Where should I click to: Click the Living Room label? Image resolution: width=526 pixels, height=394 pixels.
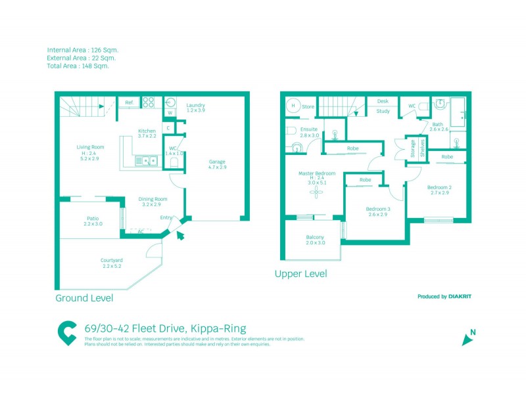[x=89, y=147]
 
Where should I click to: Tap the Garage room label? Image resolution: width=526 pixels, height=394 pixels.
[x=217, y=162]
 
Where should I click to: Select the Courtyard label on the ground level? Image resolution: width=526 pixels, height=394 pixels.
[x=112, y=260]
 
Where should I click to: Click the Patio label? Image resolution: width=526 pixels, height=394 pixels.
[x=93, y=219]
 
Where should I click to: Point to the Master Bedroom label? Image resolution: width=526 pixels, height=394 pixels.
[x=317, y=173]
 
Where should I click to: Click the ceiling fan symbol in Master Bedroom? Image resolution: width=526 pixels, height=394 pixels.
[x=317, y=193]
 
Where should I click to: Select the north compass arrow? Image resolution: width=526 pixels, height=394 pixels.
[x=468, y=339]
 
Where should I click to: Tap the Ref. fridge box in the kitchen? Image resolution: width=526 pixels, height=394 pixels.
[x=130, y=103]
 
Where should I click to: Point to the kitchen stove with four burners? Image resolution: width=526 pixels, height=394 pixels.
[x=149, y=102]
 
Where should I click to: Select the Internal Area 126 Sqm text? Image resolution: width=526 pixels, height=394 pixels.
[x=83, y=50]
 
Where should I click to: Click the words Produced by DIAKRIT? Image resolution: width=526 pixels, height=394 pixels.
[x=444, y=296]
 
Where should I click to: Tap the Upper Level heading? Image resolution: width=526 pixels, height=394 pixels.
[x=300, y=274]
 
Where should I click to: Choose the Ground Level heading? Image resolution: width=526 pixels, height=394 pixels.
[x=84, y=298]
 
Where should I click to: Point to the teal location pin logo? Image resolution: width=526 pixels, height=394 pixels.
[x=66, y=334]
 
